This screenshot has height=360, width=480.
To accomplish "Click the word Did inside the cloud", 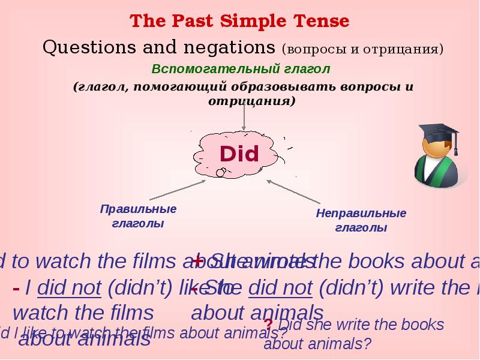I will pyautogui.click(x=239, y=154).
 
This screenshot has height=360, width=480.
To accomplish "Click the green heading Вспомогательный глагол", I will pyautogui.click(x=241, y=68).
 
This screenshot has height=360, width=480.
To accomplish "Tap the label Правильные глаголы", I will pyautogui.click(x=138, y=216).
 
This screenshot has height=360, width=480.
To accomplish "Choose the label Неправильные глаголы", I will pyautogui.click(x=361, y=220).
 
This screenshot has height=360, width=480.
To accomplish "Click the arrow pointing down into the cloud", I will pyautogui.click(x=244, y=120).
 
